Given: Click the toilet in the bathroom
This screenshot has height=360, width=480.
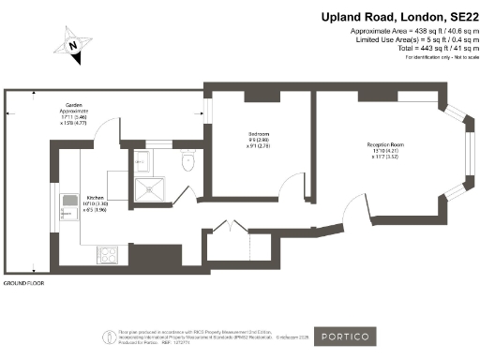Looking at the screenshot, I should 187,162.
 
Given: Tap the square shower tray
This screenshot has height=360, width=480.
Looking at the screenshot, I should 147,191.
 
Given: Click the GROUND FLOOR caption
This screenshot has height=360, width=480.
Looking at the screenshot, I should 23,282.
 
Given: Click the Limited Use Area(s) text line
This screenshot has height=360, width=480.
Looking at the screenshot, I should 412,39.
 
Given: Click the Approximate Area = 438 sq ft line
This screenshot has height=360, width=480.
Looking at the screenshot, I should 412,32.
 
